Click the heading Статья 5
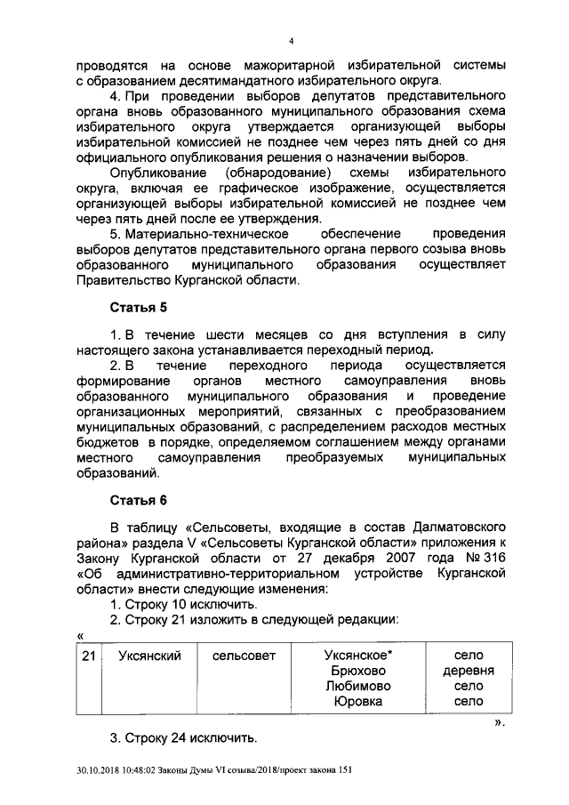138,308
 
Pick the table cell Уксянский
150,656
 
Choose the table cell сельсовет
244,656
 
